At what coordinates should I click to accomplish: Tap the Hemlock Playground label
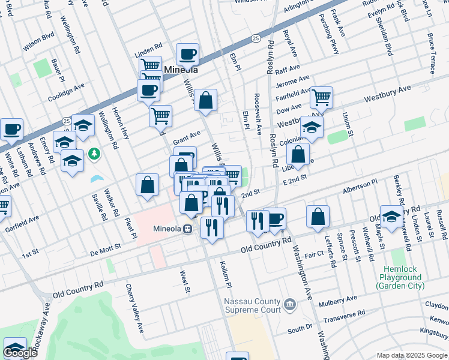[x=400, y=277]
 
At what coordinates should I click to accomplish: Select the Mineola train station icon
[x=188, y=229]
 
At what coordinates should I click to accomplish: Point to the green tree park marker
[x=94, y=154]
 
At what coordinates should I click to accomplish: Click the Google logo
[x=20, y=352]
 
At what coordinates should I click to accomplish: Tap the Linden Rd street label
[x=149, y=46]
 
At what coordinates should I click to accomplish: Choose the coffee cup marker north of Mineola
[x=187, y=54]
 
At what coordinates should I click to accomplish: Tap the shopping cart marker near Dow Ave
[x=322, y=96]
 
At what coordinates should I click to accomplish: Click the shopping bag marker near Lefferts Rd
[x=318, y=217]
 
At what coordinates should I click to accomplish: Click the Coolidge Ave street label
[x=67, y=91]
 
